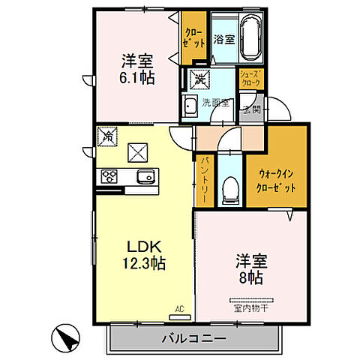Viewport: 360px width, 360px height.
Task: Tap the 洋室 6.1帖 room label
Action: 138,68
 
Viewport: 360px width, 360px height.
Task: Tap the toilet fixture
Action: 230,189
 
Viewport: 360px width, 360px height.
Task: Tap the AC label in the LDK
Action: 179,307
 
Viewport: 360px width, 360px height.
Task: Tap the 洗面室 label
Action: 216,102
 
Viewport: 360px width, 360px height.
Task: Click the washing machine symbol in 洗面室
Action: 200,77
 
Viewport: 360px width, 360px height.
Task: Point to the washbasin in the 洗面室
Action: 190,105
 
